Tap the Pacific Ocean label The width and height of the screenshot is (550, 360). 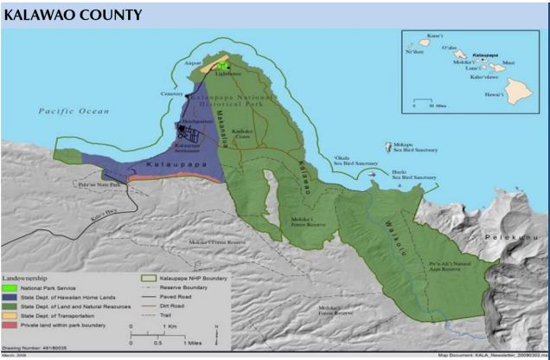click(x=74, y=112)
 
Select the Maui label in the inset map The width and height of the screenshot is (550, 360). click(x=509, y=61)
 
